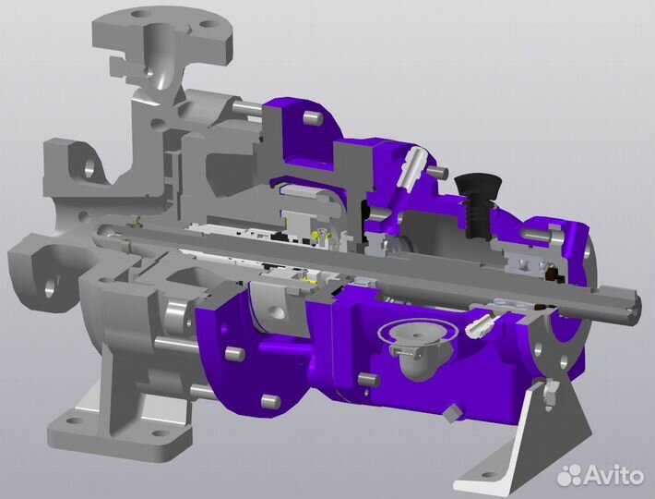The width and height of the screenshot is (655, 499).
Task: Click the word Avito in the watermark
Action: pyautogui.click(x=613, y=475)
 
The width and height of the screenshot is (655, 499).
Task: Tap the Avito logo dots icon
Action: pyautogui.click(x=570, y=475)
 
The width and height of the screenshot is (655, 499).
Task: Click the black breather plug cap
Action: pyautogui.click(x=478, y=187)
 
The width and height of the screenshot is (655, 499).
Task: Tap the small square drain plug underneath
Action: pyautogui.click(x=452, y=413)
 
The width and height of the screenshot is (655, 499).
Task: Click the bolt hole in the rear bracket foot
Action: pyautogui.click(x=486, y=475)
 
